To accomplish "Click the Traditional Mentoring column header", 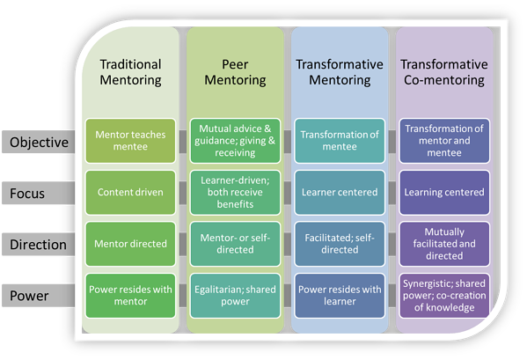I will pos(130,72).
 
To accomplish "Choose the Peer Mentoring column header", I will pos(234,72).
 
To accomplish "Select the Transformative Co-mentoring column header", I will pos(443,72).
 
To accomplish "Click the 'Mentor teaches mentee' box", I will pos(130,141).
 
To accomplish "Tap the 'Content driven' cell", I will pos(130,192).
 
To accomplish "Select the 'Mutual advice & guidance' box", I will pos(234,141).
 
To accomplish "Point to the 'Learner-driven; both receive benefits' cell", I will pos(234,192).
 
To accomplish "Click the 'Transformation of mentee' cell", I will pos(339,141).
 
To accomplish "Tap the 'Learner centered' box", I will pos(339,192).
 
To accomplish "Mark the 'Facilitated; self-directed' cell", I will pos(339,245).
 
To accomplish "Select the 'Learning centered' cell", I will pos(443,192).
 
